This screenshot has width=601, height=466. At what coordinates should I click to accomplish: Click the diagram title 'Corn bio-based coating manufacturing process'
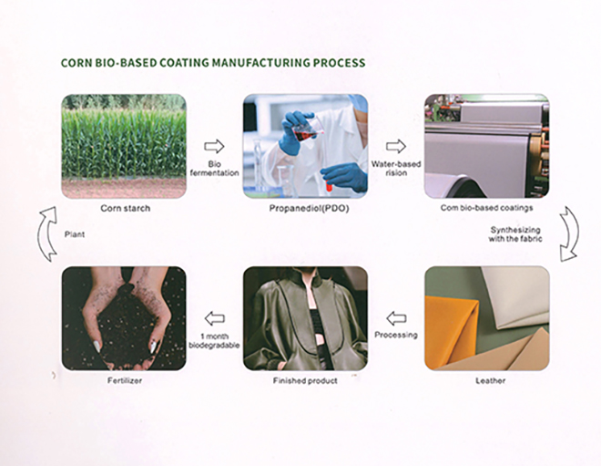click(212, 64)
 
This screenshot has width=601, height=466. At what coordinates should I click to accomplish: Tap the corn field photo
click(123, 146)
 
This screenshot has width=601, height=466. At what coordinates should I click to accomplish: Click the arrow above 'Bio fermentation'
click(214, 146)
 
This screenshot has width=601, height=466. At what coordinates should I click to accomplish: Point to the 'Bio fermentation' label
click(214, 168)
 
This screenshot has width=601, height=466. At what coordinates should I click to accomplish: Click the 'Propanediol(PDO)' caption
click(305, 209)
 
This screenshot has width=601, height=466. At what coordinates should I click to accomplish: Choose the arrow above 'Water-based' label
click(395, 146)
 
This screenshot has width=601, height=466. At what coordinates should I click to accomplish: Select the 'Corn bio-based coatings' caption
click(486, 209)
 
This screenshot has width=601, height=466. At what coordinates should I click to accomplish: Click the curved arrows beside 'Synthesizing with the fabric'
click(568, 234)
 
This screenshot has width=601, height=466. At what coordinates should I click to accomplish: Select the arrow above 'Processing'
click(395, 318)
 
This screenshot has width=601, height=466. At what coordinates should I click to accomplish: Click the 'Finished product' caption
click(305, 380)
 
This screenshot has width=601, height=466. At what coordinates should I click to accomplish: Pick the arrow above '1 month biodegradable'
click(214, 318)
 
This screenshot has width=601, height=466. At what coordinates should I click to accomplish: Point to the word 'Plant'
click(75, 235)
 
